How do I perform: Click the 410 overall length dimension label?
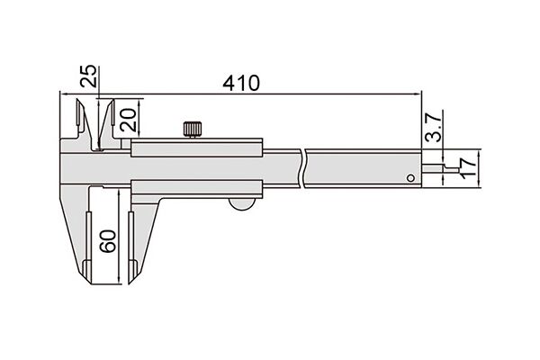(x=241, y=83)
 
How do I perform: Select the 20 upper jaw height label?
(x=127, y=120)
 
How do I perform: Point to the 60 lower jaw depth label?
(x=109, y=241)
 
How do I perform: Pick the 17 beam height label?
(x=467, y=168)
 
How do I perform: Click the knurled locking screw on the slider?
(x=193, y=130)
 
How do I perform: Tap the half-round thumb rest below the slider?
(x=242, y=204)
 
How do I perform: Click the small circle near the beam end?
(x=410, y=178)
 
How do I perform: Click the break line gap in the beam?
(x=303, y=168)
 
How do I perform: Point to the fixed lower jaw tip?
(x=90, y=283)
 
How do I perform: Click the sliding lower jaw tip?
(x=130, y=283)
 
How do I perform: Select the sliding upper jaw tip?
(x=112, y=101)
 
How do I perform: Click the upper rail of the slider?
(x=196, y=148)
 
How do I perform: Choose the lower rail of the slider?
(x=196, y=188)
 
